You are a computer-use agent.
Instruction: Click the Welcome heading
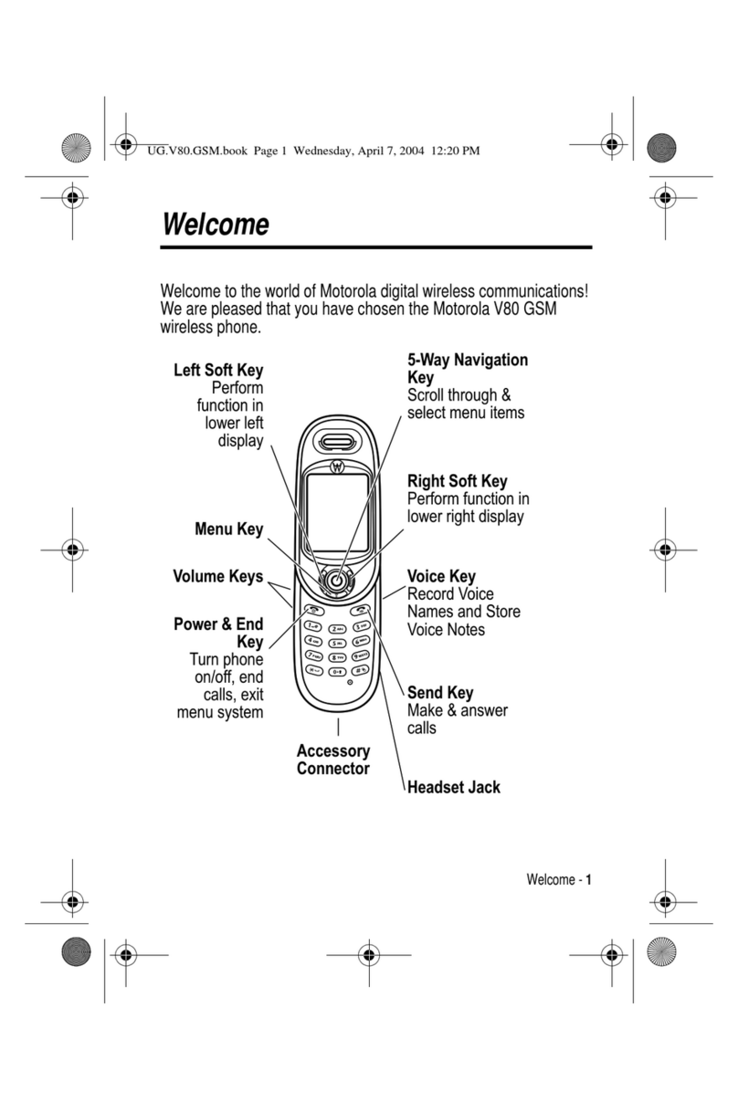(215, 225)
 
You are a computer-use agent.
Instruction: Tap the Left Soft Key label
(218, 371)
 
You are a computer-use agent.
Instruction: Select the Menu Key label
(228, 530)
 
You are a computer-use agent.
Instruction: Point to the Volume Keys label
(218, 577)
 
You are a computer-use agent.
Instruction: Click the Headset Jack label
(454, 786)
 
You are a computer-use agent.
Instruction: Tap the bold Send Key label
(440, 693)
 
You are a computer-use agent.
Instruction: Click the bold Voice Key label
(441, 576)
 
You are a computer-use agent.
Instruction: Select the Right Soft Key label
(457, 481)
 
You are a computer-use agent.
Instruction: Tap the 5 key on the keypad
(338, 642)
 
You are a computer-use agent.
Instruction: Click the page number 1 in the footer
(589, 881)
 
